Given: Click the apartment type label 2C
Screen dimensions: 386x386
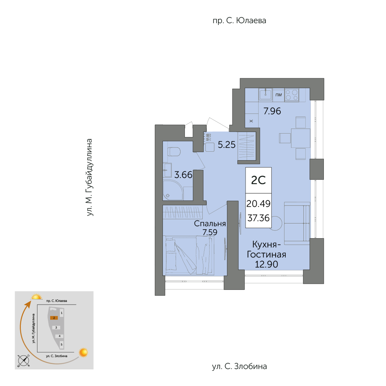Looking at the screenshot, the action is tap(258, 180).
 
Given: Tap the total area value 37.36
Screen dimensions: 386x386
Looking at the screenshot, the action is tap(258, 218).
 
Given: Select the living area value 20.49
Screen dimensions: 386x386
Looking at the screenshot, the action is tap(258, 203).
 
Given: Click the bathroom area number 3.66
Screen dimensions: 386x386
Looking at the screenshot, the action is tap(183, 175).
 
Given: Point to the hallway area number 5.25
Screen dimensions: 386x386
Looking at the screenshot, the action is tap(227, 145).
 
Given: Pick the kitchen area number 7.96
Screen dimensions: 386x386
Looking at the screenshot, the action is tap(272, 111).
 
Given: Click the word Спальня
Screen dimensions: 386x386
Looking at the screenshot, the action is tap(210, 223).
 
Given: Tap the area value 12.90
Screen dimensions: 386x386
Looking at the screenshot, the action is tap(266, 264).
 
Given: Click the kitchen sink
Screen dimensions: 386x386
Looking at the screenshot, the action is tap(266, 95).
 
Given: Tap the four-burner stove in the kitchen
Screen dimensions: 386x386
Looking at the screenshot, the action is tap(292, 95).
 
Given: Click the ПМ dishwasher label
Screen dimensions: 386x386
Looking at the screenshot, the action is tap(278, 95).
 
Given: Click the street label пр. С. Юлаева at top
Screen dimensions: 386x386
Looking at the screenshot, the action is tap(239, 20).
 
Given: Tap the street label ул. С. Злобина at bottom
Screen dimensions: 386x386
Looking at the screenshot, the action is tap(239, 366).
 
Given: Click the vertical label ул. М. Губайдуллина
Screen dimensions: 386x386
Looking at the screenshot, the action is tap(90, 178).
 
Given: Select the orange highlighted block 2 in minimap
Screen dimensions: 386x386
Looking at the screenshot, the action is tap(54, 318).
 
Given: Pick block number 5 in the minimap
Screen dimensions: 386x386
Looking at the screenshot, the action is tap(61, 344).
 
